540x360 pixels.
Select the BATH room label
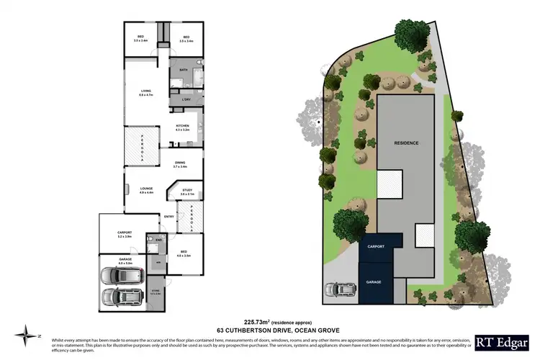coord(184,69)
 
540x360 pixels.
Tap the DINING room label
coord(179,164)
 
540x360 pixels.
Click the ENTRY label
coord(169,216)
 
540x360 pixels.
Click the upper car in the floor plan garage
coord(117,276)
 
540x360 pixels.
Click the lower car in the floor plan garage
coord(117,297)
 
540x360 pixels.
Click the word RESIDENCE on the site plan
coord(406,143)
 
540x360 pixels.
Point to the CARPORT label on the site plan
coord(376,246)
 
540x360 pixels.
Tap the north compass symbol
coord(27,333)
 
